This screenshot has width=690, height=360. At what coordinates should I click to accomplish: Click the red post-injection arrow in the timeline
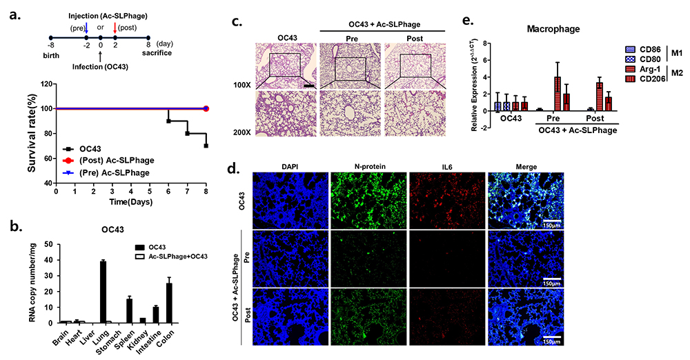[115, 27]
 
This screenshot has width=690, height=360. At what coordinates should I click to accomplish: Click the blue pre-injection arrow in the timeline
[86, 28]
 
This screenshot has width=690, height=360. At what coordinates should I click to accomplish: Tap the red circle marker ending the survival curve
[206, 108]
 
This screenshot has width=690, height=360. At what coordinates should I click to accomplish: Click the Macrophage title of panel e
[542, 29]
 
